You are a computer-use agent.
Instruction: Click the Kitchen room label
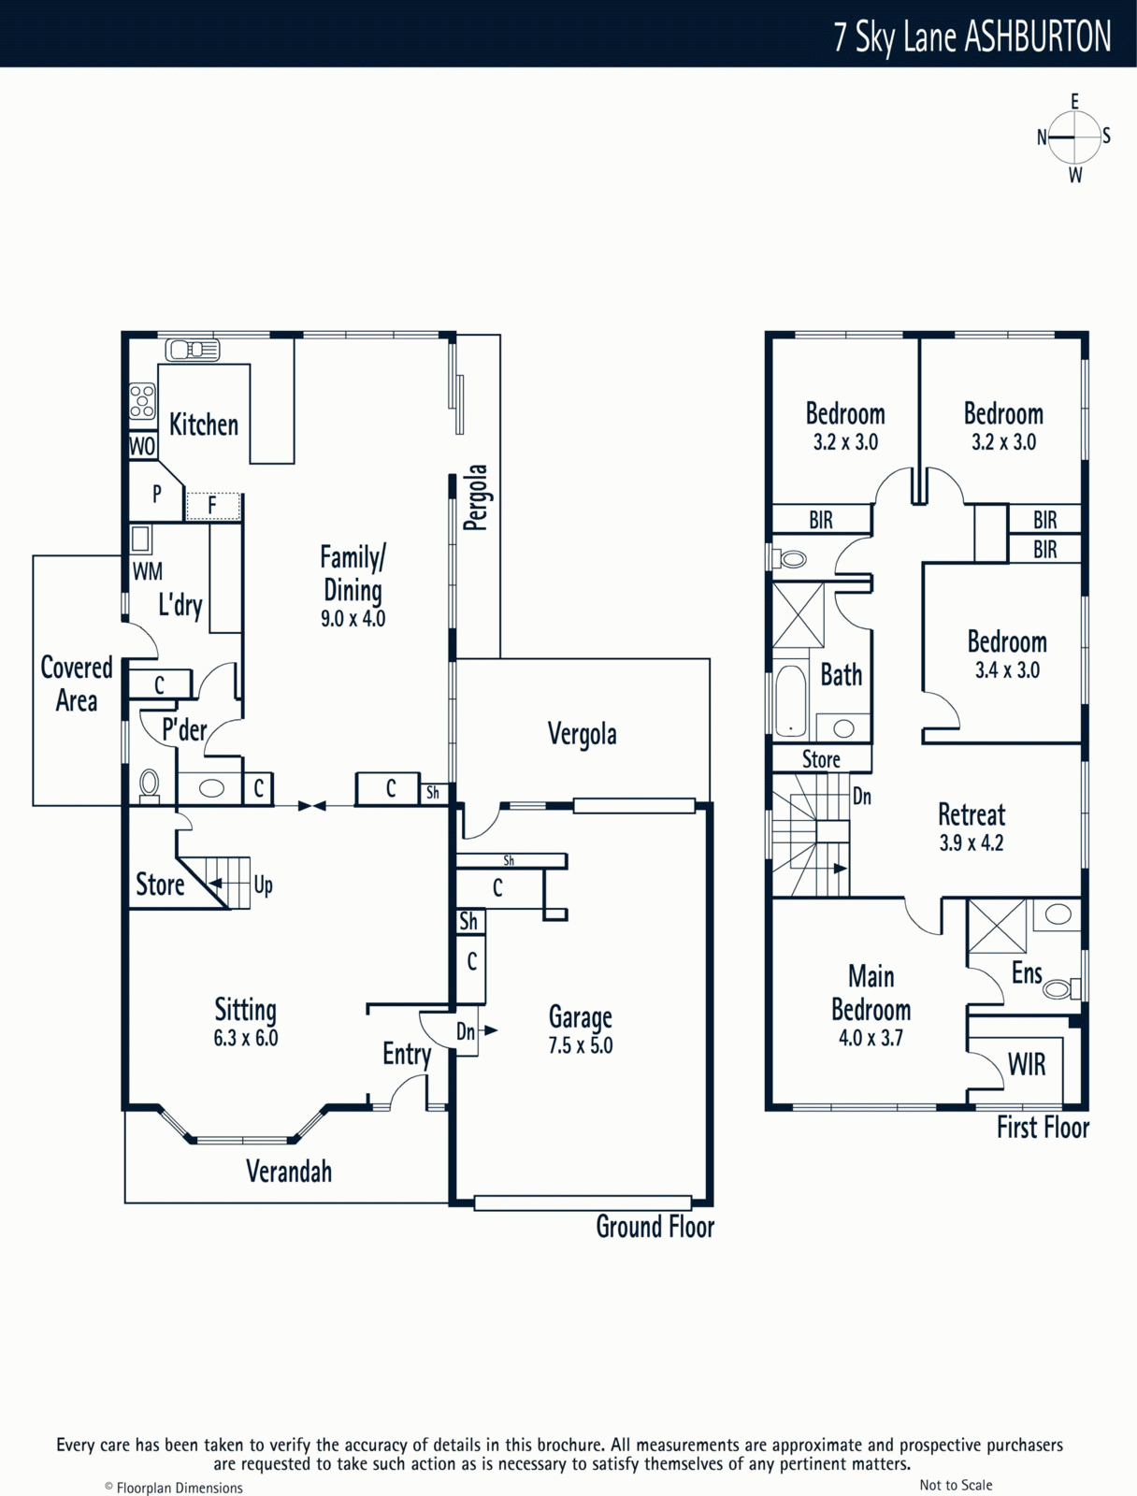(x=204, y=424)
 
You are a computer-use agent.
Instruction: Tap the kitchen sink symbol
(x=193, y=350)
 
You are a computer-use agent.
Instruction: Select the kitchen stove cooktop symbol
(x=142, y=400)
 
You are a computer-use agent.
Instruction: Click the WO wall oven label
(x=142, y=446)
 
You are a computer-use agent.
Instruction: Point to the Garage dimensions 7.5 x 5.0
(x=581, y=1045)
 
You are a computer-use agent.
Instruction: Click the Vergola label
(x=582, y=734)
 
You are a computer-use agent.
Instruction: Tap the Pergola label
(x=477, y=497)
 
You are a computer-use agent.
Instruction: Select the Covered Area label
(x=77, y=683)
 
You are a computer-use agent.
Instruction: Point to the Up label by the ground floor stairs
(x=264, y=885)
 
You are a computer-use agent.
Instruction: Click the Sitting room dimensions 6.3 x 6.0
(x=246, y=1038)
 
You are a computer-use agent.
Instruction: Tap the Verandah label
(x=289, y=1172)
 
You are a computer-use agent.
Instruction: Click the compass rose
(x=1074, y=137)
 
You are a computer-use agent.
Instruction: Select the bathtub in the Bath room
(x=791, y=701)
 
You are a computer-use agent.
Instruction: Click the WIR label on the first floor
(x=1027, y=1065)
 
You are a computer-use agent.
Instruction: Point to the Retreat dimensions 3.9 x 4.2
(x=971, y=842)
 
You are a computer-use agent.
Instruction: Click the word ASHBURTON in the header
(x=1038, y=37)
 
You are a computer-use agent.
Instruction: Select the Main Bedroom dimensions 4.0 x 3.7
(x=871, y=1038)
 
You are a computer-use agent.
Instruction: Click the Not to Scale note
(x=956, y=1485)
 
